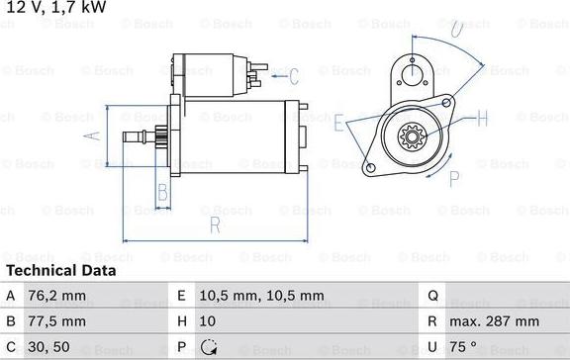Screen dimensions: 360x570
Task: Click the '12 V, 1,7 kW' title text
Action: pos(54,8)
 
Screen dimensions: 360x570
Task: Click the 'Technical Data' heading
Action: pos(61,270)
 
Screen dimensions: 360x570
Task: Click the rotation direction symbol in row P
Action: pos(207,348)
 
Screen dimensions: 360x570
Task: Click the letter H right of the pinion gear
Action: pos(483,119)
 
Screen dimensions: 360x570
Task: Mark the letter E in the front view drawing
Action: pos(339,124)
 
